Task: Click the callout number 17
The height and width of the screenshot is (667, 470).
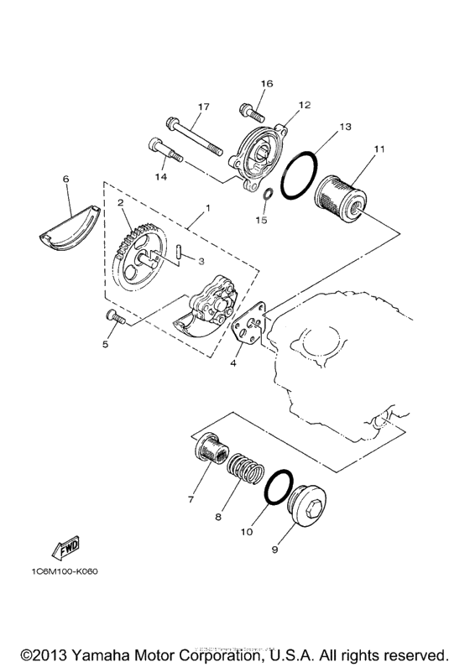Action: tap(202, 107)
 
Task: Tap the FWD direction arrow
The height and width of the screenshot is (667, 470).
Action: tap(65, 548)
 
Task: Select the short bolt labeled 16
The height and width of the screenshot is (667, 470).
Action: tap(250, 109)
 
